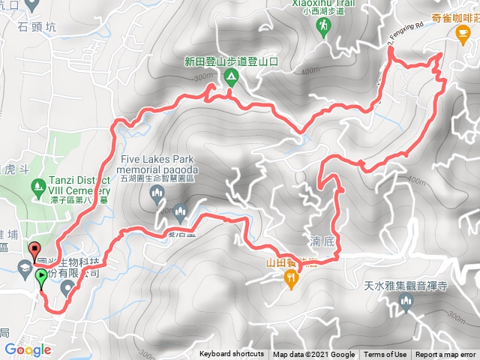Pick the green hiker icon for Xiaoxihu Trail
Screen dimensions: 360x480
coord(322,28)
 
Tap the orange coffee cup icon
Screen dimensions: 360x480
coord(465,33)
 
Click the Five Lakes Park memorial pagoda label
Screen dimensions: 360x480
coord(155,165)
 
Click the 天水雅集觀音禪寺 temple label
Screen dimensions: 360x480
coord(406,285)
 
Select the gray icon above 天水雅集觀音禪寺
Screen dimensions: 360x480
coord(407,302)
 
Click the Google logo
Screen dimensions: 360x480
coord(27,349)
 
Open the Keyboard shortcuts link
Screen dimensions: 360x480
coord(232,355)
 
